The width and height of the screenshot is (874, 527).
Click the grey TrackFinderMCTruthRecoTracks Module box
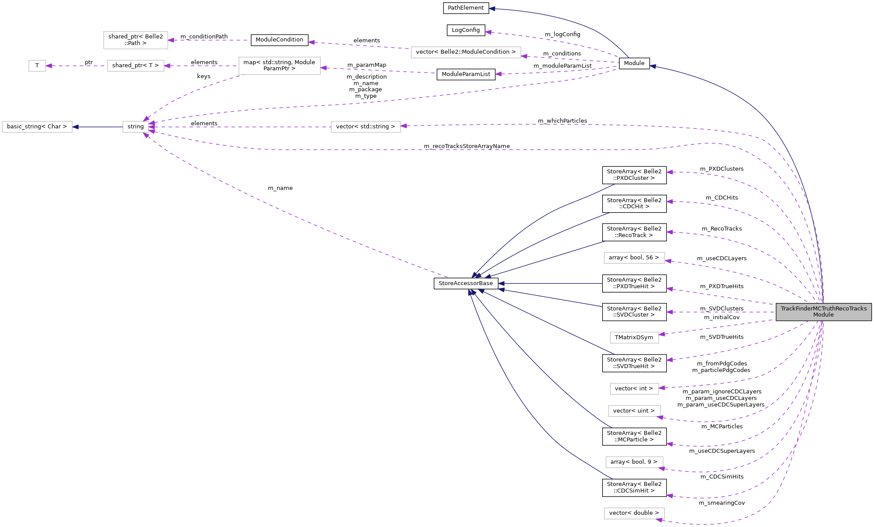pyautogui.click(x=823, y=312)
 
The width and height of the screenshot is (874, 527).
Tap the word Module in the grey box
pyautogui.click(x=823, y=315)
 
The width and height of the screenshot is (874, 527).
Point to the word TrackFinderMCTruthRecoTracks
pyautogui.click(x=823, y=309)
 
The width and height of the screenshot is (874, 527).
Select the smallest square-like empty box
pyautogui.click(x=37, y=66)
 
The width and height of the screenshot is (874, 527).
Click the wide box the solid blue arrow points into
pyautogui.click(x=37, y=127)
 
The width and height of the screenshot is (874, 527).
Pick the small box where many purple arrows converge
pyautogui.click(x=135, y=127)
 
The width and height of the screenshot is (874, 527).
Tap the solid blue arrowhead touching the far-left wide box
pyautogui.click(x=75, y=127)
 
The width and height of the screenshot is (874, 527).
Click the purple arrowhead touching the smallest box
pyautogui.click(x=49, y=66)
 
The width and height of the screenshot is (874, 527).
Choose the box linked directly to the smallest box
pyautogui.click(x=135, y=66)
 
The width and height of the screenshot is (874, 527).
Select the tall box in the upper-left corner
pyautogui.click(x=135, y=40)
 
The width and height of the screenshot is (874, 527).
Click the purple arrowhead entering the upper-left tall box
pyautogui.click(x=171, y=40)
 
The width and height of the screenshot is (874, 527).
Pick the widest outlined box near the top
pyautogui.click(x=466, y=52)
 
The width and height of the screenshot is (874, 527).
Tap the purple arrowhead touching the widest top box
pyautogui.click(x=524, y=56)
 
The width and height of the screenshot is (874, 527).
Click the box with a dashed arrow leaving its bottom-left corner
pyautogui.click(x=279, y=66)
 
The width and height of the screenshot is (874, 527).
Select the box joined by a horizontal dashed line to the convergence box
pyautogui.click(x=366, y=127)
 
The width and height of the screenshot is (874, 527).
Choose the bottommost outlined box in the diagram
pyautogui.click(x=634, y=513)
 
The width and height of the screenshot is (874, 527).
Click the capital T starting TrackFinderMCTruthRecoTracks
pyautogui.click(x=783, y=309)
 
